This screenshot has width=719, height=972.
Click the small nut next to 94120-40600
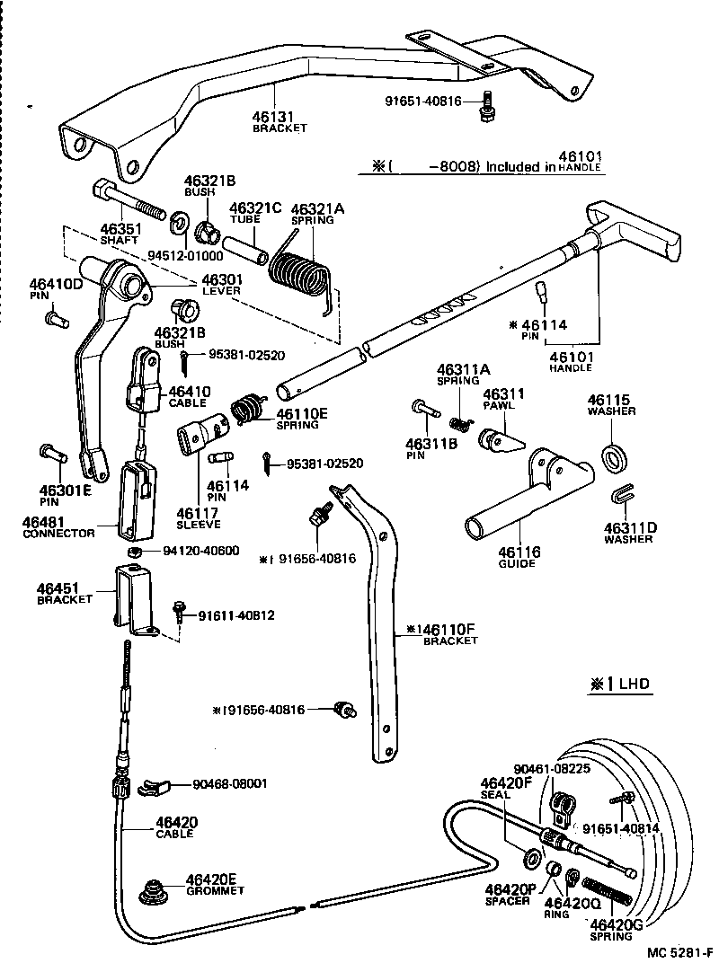click(x=130, y=551)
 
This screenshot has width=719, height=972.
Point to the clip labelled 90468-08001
click(x=155, y=787)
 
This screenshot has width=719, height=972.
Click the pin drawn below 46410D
click(x=55, y=317)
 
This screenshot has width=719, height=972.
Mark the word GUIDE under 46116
click(x=516, y=564)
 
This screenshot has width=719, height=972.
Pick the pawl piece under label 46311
click(x=502, y=440)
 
